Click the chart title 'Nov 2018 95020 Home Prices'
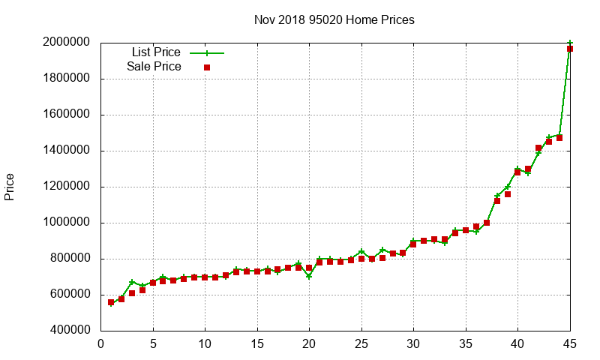[334, 19]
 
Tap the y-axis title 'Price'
[10, 187]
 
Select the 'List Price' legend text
[156, 52]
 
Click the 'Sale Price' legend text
[154, 67]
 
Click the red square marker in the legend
[207, 67]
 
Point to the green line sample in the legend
[207, 53]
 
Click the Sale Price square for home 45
[570, 49]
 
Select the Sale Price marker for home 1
[111, 302]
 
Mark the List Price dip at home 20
[309, 276]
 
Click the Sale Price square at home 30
[413, 244]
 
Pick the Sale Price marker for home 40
[517, 172]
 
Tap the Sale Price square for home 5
[153, 283]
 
